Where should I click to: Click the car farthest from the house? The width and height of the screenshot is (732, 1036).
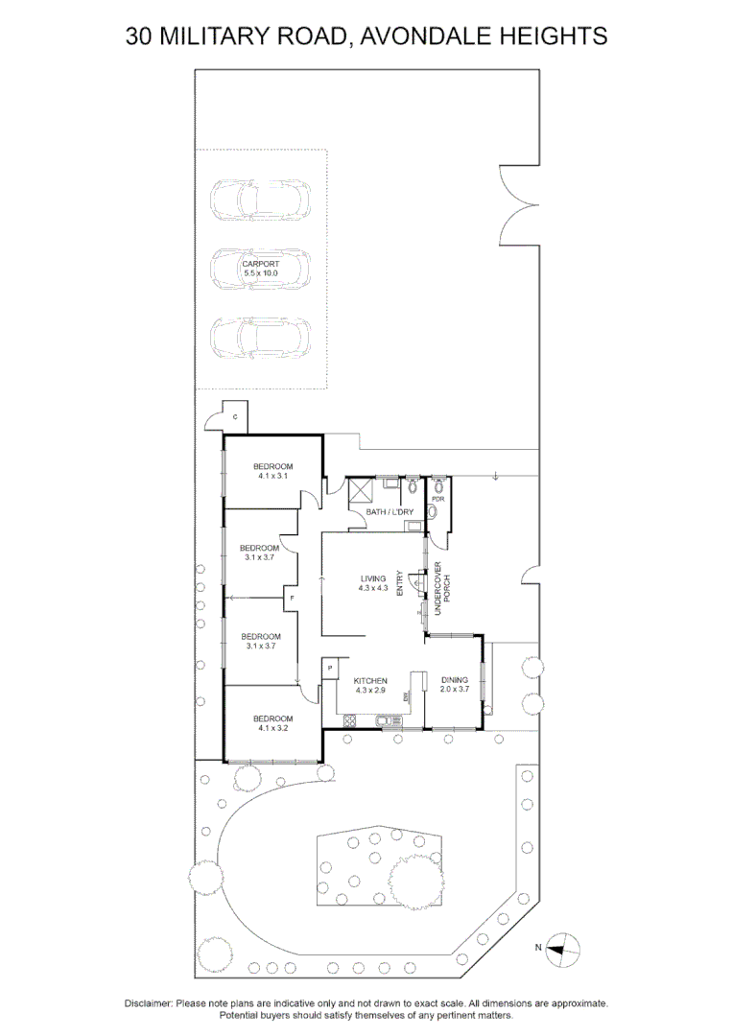(x=261, y=199)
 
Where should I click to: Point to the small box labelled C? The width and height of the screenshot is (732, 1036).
(x=235, y=415)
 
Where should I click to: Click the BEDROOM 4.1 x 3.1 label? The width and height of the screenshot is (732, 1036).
(x=272, y=470)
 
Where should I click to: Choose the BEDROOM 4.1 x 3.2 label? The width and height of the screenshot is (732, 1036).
(x=272, y=722)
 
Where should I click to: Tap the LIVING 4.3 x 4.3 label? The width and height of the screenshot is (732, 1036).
(x=373, y=583)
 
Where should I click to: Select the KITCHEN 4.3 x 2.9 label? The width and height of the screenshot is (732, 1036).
(x=370, y=685)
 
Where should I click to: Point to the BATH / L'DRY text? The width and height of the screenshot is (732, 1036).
(x=390, y=512)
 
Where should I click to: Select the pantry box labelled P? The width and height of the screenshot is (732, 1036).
(x=329, y=667)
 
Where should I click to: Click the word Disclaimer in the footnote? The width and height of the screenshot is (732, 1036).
(x=148, y=1003)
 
